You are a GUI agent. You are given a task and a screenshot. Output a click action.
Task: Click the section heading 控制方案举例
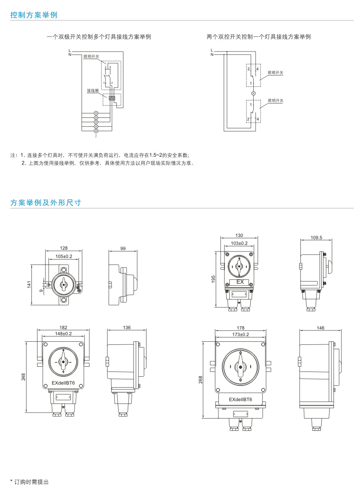coord(34,15)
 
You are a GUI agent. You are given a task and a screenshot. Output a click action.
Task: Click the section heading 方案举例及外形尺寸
coord(44,203)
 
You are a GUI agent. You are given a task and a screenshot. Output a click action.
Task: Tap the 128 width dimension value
coord(64,248)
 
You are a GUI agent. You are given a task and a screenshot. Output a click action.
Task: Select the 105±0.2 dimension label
coord(64,256)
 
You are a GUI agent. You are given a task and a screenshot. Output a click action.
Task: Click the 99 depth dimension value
coord(123,248)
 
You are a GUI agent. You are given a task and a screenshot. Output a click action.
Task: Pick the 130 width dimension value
coord(239,235)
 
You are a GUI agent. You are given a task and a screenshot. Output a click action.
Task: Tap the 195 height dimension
coord(214,279)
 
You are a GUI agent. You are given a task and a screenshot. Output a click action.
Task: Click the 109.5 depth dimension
coord(316,238)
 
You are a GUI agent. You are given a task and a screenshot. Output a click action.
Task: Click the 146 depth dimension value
coord(320,327)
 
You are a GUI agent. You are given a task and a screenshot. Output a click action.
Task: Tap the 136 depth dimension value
coord(126,327)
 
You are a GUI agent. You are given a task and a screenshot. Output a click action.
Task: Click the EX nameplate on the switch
coord(239,282)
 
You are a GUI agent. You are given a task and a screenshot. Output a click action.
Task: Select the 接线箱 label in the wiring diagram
coord(92,90)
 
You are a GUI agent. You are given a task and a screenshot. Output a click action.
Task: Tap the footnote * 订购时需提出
coord(29,482)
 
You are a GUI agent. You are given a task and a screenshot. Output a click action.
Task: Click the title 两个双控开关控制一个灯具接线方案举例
coord(259,37)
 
